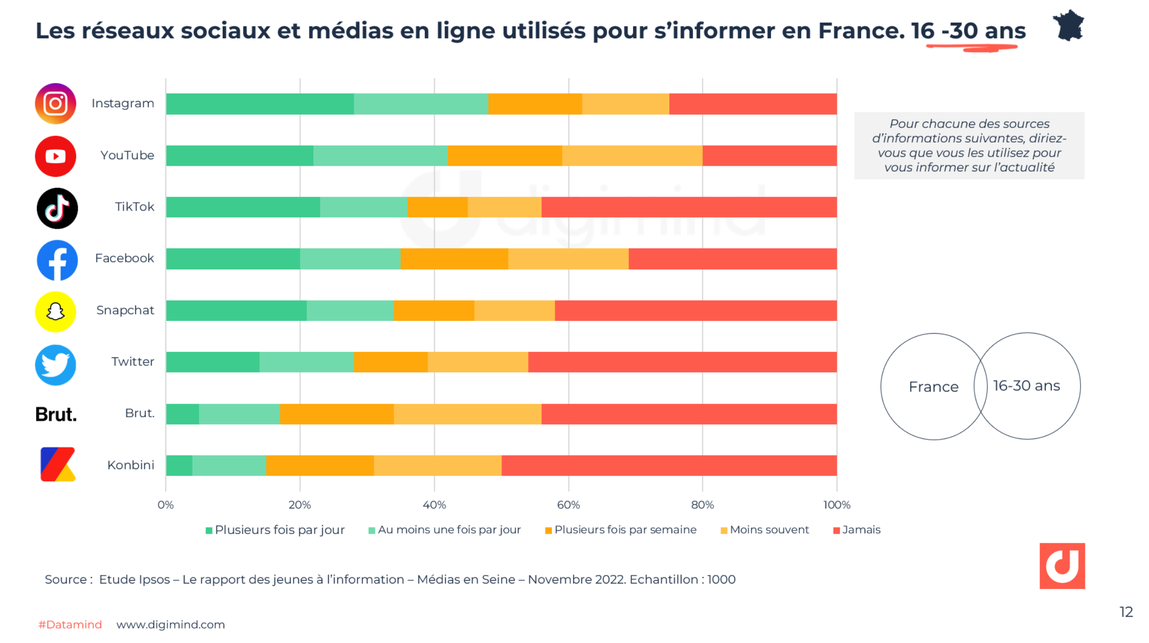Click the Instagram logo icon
coord(55,104)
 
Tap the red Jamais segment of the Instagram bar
coord(753,104)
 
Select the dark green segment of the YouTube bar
coord(239,156)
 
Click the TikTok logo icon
coord(57,208)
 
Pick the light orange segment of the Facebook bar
coord(568,259)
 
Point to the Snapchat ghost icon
coord(55,311)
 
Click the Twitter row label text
coord(133,362)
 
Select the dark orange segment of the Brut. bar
coord(337,414)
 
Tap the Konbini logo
coord(57,464)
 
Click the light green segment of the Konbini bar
coord(229,466)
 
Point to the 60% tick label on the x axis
coord(568,505)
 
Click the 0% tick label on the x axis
coord(165,505)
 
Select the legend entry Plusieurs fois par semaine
coord(621,530)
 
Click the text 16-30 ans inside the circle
coord(1027,386)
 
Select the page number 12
coord(1126,612)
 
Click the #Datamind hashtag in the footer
coord(70,624)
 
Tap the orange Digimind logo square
coord(1062,565)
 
